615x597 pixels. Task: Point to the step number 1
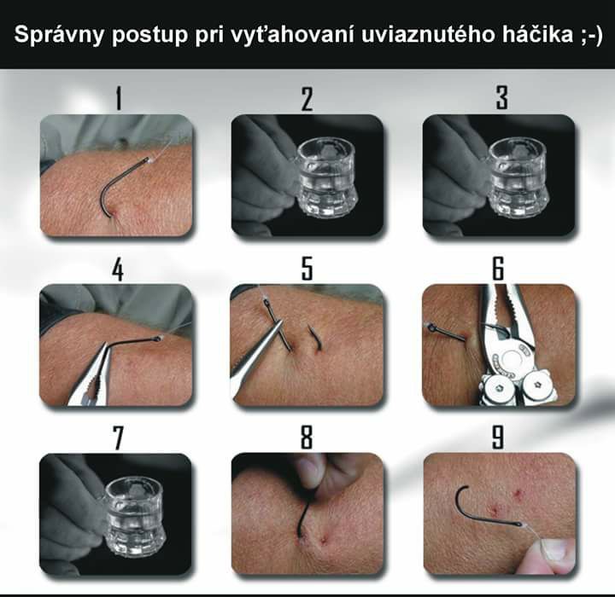(119, 98)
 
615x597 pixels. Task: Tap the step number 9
(498, 438)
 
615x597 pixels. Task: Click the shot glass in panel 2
(326, 177)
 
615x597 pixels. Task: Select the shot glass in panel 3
(518, 177)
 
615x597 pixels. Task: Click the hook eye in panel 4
(157, 338)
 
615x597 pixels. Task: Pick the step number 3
(501, 98)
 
